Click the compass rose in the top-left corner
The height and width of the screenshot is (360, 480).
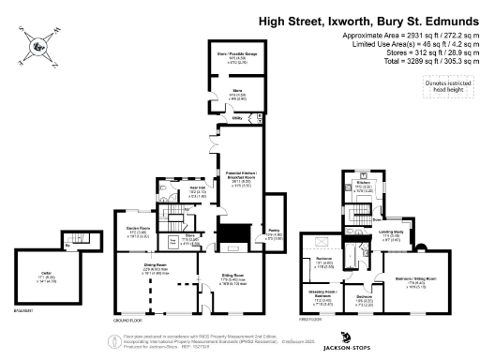35,44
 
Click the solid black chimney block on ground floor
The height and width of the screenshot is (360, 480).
231,232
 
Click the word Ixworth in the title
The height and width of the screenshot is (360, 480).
331,19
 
